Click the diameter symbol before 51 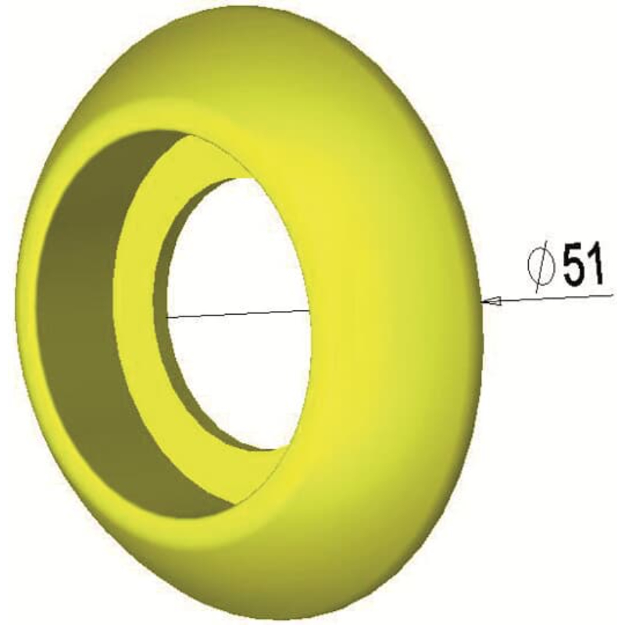pyautogui.click(x=541, y=268)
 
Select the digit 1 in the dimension pyautogui.click(x=595, y=263)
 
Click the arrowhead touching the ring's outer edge pyautogui.click(x=491, y=301)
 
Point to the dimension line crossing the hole pyautogui.click(x=238, y=313)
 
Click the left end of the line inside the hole pyautogui.click(x=166, y=317)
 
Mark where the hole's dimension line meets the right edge pyautogui.click(x=309, y=309)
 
